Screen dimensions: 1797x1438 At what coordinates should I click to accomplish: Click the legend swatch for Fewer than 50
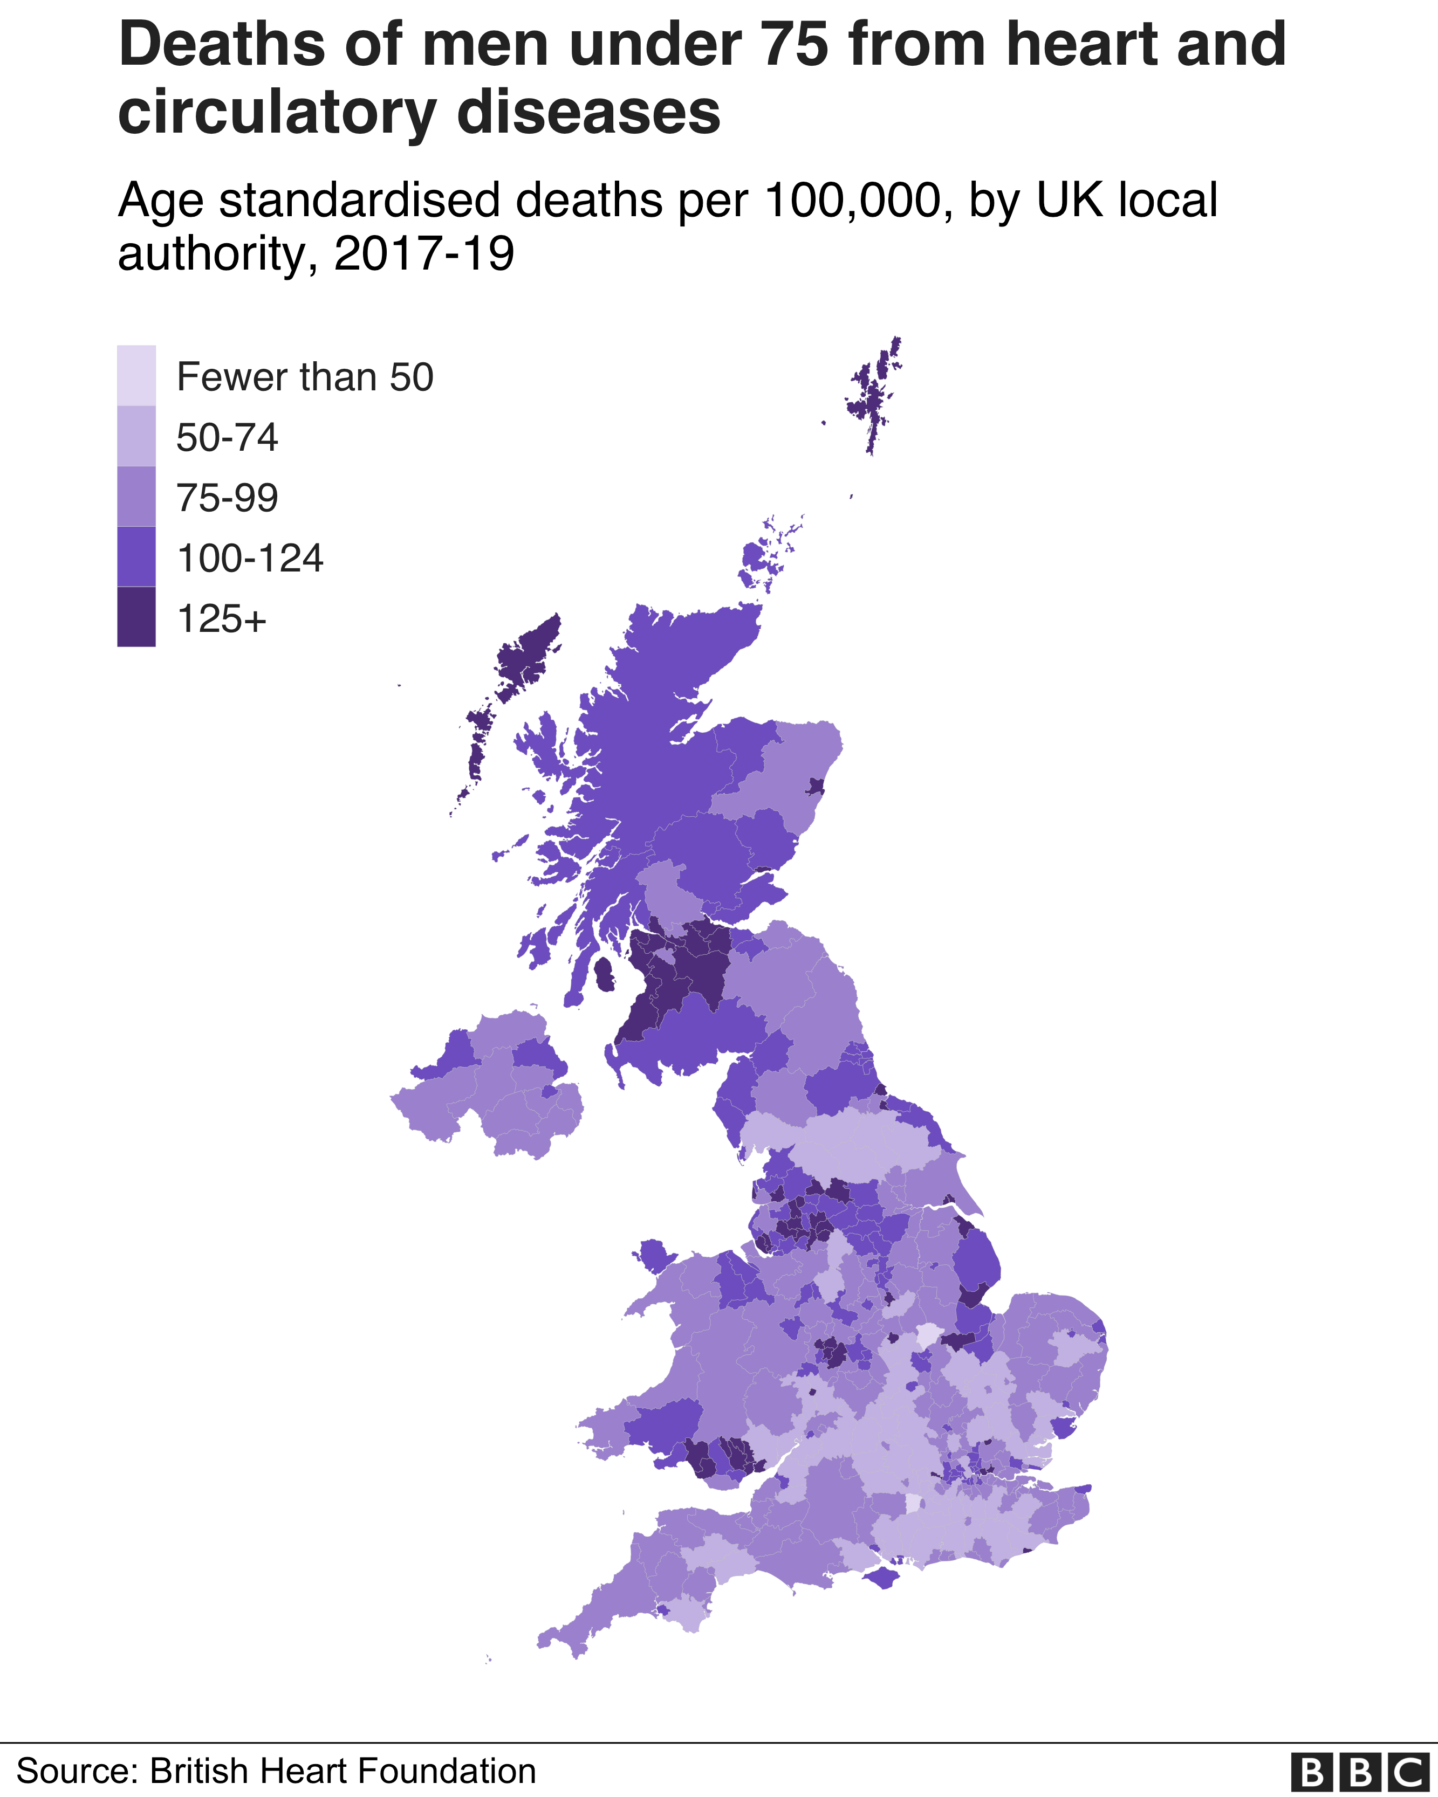(x=136, y=375)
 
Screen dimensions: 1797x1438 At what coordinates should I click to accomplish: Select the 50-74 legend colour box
(x=136, y=436)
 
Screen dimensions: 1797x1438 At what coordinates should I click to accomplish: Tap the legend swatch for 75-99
(x=136, y=497)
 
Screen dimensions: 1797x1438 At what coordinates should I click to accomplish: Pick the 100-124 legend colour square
(x=136, y=557)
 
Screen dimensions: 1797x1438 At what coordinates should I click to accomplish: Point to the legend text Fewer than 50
(x=305, y=377)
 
